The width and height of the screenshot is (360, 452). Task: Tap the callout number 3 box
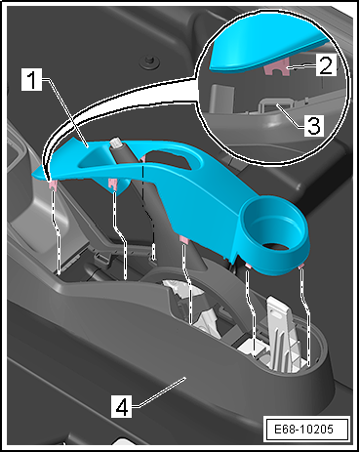coord(314,125)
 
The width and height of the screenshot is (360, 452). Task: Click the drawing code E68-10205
coord(304,429)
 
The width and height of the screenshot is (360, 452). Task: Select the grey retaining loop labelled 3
coord(276,104)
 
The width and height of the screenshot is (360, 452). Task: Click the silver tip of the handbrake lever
coord(116,143)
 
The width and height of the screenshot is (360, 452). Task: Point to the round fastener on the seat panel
coord(150,62)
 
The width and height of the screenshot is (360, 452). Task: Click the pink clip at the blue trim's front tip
coord(53,186)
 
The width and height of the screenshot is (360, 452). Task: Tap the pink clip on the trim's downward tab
coord(113,184)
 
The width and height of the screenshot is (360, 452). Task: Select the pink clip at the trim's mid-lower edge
coord(184,240)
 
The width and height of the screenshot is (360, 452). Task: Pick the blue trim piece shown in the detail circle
coord(269,52)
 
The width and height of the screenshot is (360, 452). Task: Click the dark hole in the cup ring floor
coord(276,247)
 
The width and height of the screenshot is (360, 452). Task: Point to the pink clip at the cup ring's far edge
coord(300,267)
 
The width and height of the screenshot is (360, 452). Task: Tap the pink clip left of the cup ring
coord(248,266)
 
